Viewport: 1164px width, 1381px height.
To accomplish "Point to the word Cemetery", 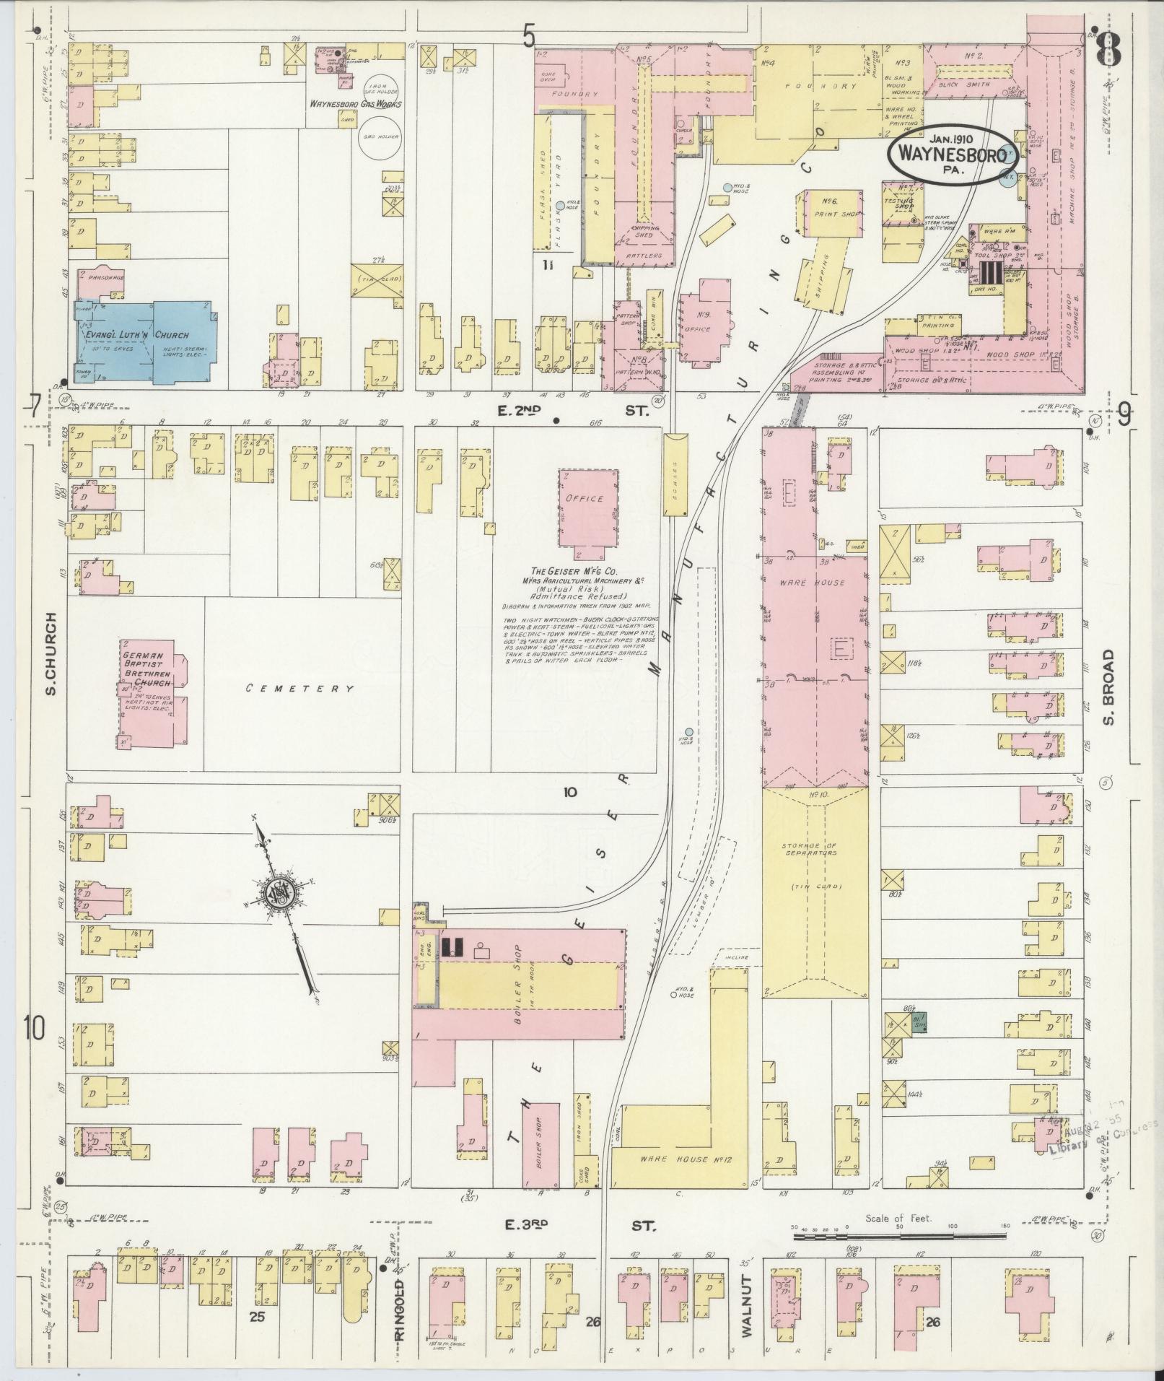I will (299, 689).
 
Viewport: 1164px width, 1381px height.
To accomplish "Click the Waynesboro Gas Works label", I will (355, 104).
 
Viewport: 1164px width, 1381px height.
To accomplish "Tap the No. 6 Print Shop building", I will (829, 212).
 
